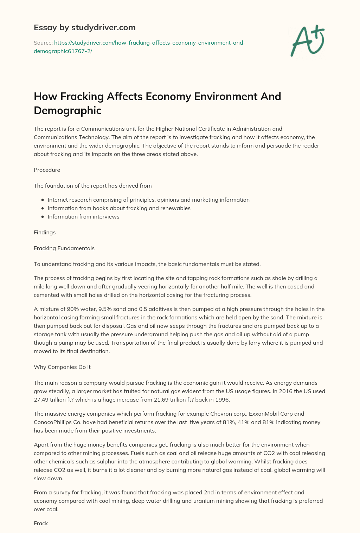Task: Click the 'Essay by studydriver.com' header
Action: pyautogui.click(x=85, y=27)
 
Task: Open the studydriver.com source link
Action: pyautogui.click(x=140, y=47)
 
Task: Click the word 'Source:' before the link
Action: pyautogui.click(x=43, y=43)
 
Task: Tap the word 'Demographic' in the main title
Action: pyautogui.click(x=67, y=110)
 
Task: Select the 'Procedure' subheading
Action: pyautogui.click(x=47, y=170)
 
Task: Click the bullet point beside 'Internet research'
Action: pyautogui.click(x=43, y=200)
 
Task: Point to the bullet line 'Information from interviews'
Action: pyautogui.click(x=83, y=217)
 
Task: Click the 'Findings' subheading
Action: pyautogui.click(x=45, y=233)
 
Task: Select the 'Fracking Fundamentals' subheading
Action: pyautogui.click(x=64, y=248)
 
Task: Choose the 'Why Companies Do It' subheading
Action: pyautogui.click(x=62, y=367)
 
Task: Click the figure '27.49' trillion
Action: pyautogui.click(x=41, y=400)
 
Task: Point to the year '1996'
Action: pyautogui.click(x=222, y=400)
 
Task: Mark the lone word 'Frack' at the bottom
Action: pyautogui.click(x=41, y=524)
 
